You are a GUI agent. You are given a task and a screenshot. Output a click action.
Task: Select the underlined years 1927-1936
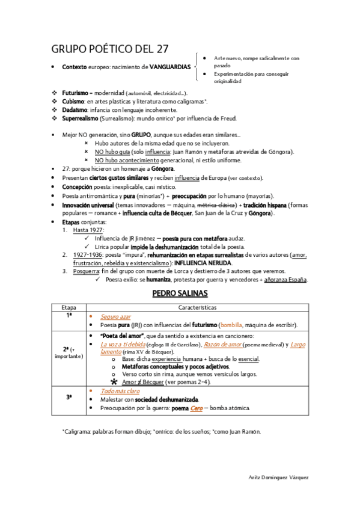[x=90, y=255]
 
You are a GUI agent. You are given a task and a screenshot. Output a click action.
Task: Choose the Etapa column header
[x=69, y=307]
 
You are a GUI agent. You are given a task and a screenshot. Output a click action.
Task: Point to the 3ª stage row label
[x=69, y=398]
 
